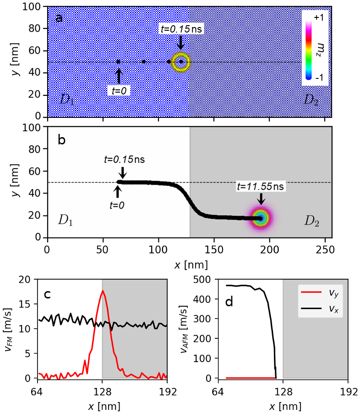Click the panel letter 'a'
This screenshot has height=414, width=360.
coord(59,18)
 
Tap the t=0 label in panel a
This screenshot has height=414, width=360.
coord(119,91)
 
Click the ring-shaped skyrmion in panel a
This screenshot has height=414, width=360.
coord(181,62)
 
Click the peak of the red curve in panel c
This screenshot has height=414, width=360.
coord(103,291)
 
